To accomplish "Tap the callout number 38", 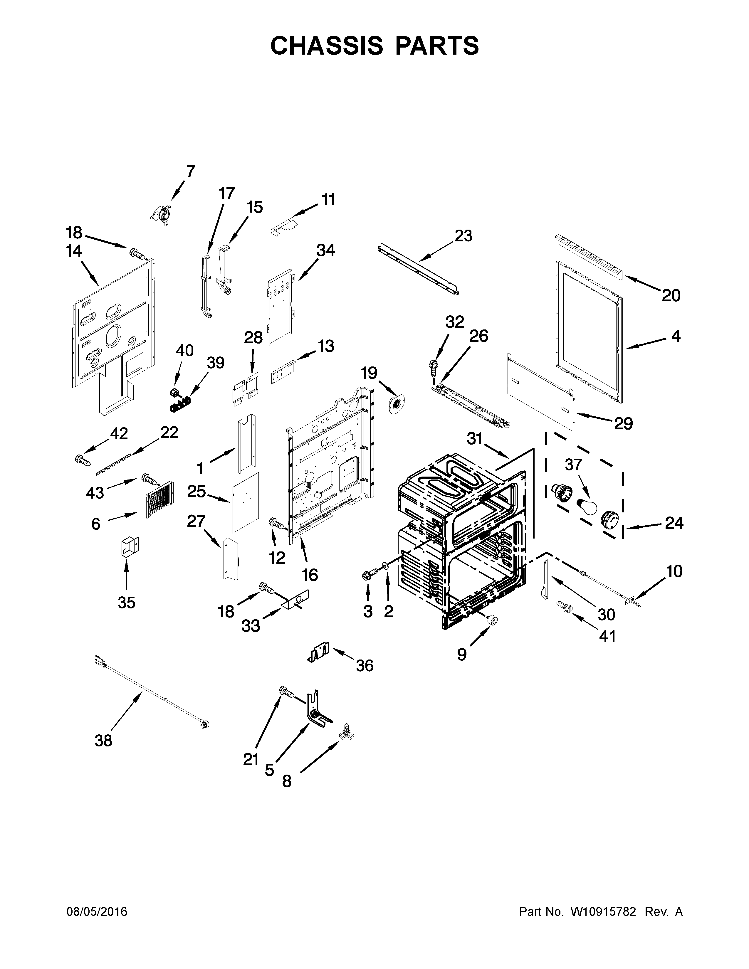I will point(103,741).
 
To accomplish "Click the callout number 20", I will point(671,295).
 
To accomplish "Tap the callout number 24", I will point(674,524).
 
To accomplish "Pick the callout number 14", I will point(74,251).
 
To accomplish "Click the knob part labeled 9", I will point(492,621).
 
